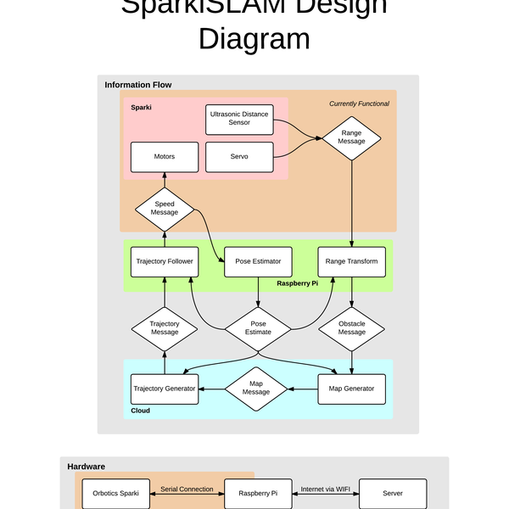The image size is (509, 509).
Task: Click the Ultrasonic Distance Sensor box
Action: [239, 119]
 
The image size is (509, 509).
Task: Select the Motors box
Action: [165, 157]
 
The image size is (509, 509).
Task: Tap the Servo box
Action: [239, 157]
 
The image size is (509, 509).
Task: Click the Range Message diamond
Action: [351, 137]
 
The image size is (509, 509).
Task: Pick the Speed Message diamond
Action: [165, 208]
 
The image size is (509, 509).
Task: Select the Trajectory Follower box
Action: [165, 261]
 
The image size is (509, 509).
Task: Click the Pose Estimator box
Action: [258, 261]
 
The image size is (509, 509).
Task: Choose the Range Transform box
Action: [351, 261]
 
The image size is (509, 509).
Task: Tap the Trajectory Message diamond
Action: [165, 327]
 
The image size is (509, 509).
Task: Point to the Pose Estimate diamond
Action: [258, 327]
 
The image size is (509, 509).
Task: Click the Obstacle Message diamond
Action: [351, 327]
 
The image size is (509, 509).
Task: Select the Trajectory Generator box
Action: [165, 389]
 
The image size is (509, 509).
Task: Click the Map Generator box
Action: [351, 389]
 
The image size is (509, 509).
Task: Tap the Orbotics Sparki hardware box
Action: [116, 493]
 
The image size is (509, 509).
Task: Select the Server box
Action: [392, 493]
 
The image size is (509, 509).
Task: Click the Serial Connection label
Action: [187, 489]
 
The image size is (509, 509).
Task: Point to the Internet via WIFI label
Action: [326, 489]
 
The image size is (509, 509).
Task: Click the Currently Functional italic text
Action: [359, 103]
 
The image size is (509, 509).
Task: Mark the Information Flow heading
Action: [138, 85]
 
